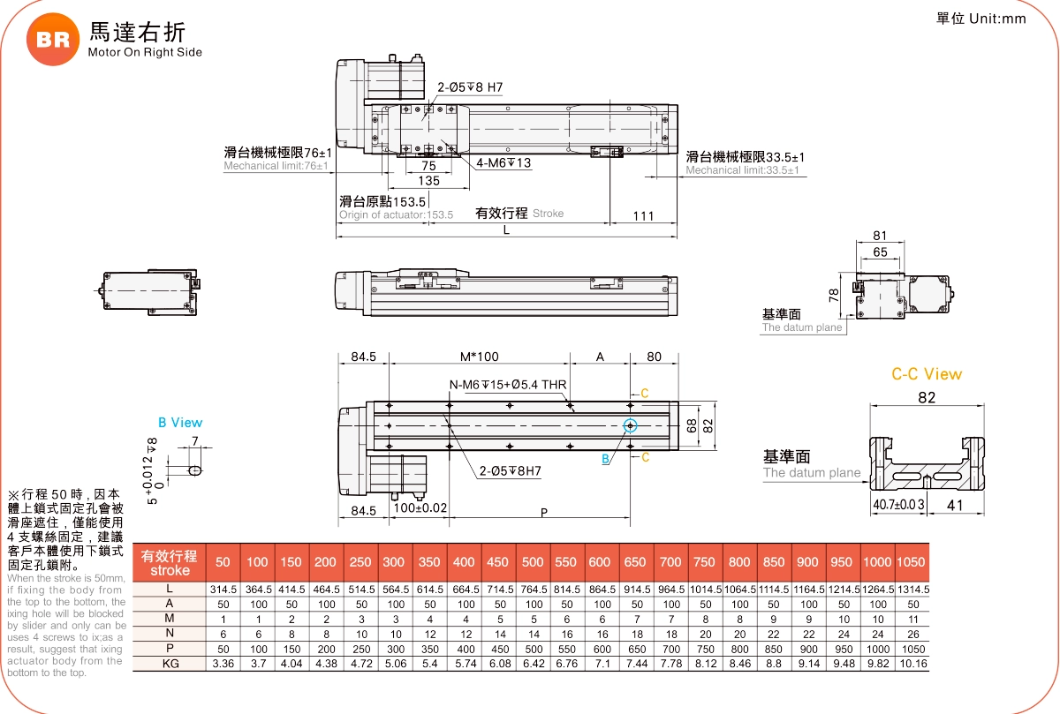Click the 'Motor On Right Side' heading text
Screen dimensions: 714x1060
click(x=145, y=52)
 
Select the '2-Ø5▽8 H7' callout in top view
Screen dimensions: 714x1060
click(x=470, y=87)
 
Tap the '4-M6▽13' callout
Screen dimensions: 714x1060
click(x=503, y=162)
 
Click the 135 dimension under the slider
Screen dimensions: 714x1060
click(x=428, y=181)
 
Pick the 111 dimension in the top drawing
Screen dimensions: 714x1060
click(x=643, y=215)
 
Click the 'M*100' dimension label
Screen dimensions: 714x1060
click(x=480, y=357)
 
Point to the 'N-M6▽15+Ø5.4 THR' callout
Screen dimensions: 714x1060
click(x=508, y=384)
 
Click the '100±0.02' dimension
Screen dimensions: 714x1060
click(x=420, y=509)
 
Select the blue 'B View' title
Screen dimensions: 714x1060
click(x=180, y=423)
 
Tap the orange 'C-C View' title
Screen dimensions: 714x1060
click(x=926, y=374)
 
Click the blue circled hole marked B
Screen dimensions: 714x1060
click(x=630, y=425)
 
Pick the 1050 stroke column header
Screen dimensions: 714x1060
click(x=911, y=562)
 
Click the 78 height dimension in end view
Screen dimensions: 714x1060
click(x=833, y=296)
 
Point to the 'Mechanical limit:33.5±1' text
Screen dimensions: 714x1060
click(x=742, y=170)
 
